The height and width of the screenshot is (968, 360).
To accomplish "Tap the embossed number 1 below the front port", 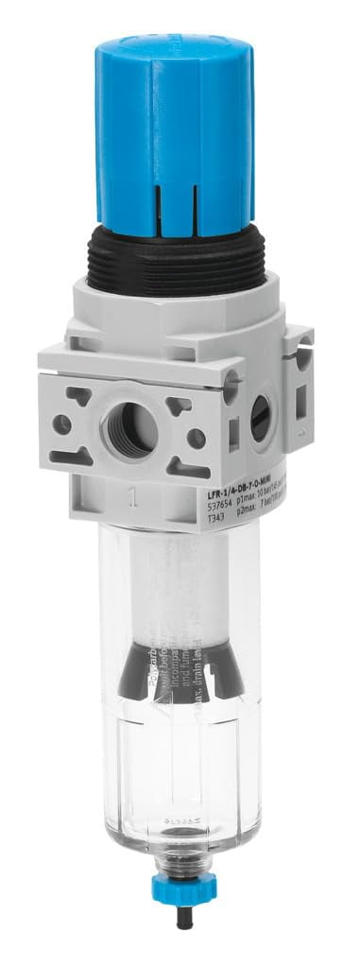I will click(138, 492).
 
